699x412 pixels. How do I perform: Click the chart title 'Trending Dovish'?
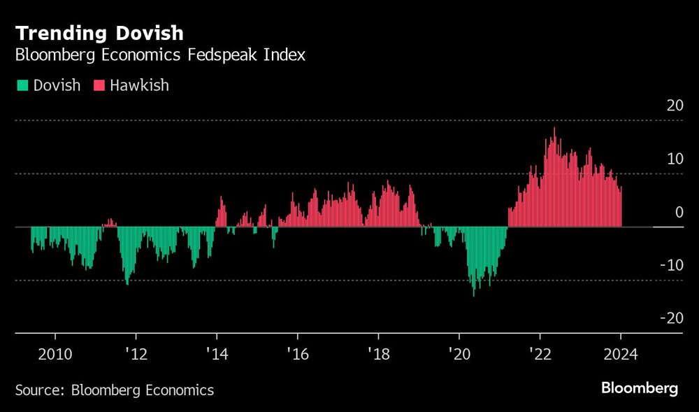(100, 33)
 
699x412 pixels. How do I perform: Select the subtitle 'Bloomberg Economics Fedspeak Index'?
(160, 55)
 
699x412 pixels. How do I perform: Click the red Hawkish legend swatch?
(99, 85)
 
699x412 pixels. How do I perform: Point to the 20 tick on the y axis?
(674, 106)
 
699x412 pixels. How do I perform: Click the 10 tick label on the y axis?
(674, 159)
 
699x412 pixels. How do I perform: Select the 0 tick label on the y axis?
(678, 212)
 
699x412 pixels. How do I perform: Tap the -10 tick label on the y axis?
(672, 265)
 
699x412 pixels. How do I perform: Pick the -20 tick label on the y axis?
(672, 318)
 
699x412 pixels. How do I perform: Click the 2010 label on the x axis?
(55, 354)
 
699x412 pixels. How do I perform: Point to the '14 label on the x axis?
(217, 354)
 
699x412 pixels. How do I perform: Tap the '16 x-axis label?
(297, 354)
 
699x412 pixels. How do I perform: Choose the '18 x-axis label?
(378, 354)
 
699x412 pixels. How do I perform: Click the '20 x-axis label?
(459, 354)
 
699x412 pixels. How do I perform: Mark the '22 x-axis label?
(540, 354)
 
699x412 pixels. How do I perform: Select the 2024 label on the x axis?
(620, 354)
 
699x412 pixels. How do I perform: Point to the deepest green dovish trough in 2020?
(473, 294)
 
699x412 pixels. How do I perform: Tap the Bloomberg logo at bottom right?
(640, 389)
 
